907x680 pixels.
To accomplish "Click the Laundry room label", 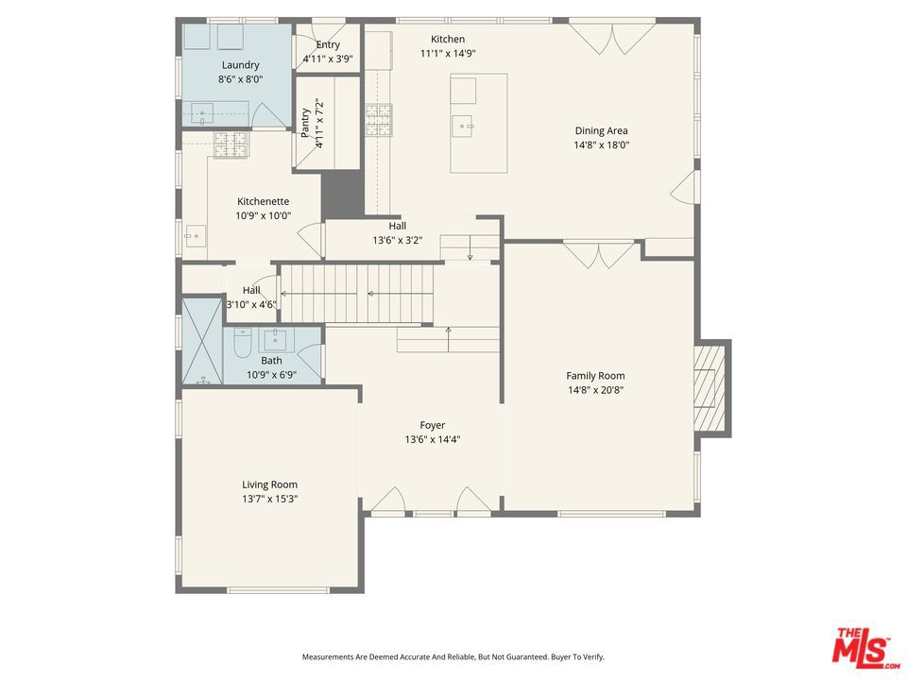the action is point(240,65).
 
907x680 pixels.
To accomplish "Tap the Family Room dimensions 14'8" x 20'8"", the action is point(595,390).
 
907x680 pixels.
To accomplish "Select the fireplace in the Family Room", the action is point(710,388).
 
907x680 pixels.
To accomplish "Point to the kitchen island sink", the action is point(463,126).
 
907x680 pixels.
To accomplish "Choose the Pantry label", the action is point(305,123).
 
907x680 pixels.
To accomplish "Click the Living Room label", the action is point(269,485).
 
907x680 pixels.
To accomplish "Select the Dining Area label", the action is point(601,131).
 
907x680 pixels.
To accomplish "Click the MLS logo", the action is point(866,645).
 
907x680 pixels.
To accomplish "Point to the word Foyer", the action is point(432,426).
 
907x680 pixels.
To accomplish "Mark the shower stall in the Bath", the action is point(202,341).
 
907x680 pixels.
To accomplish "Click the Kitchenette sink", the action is point(196,236).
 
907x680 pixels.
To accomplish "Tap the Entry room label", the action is point(328,45).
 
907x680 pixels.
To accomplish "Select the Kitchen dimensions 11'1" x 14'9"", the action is point(448,54).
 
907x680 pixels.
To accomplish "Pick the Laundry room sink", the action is point(202,112).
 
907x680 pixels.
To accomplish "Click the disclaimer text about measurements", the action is point(453,657).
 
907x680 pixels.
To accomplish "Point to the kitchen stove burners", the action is point(378,120).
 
